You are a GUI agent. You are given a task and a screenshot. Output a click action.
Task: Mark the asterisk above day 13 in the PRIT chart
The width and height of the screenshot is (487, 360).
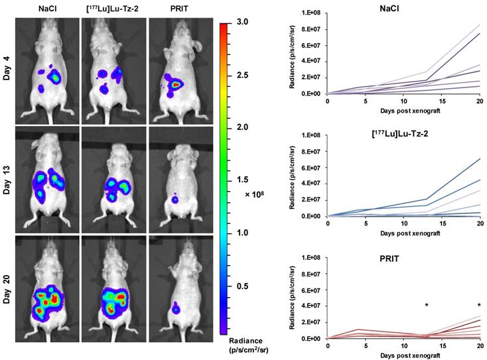pos(427,305)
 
